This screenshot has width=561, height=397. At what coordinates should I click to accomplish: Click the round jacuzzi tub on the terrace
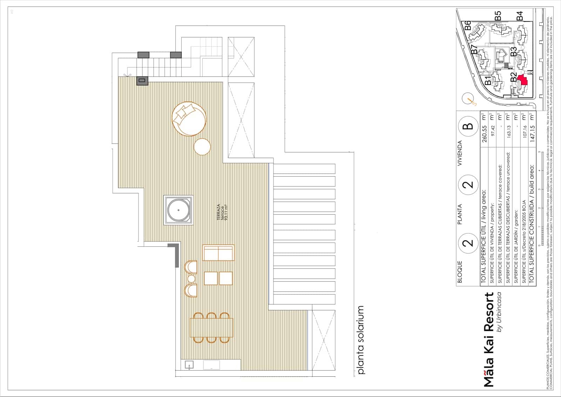(178, 210)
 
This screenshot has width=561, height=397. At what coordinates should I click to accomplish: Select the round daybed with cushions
(189, 119)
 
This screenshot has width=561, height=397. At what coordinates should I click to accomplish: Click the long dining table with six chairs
(211, 327)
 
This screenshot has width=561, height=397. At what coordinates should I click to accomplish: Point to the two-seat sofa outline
(218, 253)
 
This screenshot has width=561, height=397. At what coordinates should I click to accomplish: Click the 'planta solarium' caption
(361, 340)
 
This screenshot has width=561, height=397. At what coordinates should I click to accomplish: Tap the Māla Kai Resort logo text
(489, 339)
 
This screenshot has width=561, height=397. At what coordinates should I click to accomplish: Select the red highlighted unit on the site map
(522, 80)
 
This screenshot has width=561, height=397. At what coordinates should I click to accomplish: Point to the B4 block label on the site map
(519, 16)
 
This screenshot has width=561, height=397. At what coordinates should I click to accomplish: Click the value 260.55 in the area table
(485, 134)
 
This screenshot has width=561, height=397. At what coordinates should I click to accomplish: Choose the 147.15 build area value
(532, 134)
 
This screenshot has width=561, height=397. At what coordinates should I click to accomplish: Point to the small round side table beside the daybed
(202, 146)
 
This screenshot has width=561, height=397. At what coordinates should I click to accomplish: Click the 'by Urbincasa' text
(499, 312)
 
